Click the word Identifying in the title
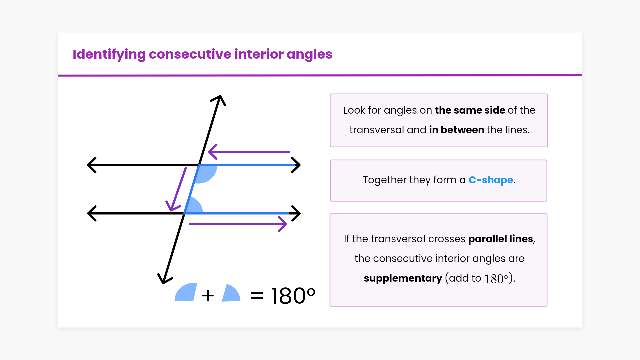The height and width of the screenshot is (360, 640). coord(109,54)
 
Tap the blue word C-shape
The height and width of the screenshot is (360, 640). coord(491,180)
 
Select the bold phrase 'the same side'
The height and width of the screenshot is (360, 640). coord(470,110)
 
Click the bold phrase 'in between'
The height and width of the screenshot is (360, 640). coord(457,130)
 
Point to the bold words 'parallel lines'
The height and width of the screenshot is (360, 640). coord(501,239)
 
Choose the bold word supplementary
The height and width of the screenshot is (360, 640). coord(403,278)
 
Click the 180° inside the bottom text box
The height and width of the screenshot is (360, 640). coord(496,279)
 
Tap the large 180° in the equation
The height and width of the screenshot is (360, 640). coord(293,296)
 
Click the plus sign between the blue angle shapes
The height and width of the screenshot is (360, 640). coord(208,295)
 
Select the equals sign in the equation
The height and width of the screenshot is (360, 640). coord(257,295)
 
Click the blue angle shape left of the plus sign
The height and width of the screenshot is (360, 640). coord(186,292)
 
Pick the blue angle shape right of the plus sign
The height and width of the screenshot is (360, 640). coord(231,293)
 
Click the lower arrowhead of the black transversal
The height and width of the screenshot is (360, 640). coord(164,280)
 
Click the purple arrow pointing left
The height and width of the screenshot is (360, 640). coord(249,152)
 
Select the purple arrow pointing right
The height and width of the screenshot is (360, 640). coord(238,224)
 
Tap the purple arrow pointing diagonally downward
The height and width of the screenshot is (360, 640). coord(176,189)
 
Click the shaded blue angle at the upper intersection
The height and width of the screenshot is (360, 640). coord(205,173)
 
